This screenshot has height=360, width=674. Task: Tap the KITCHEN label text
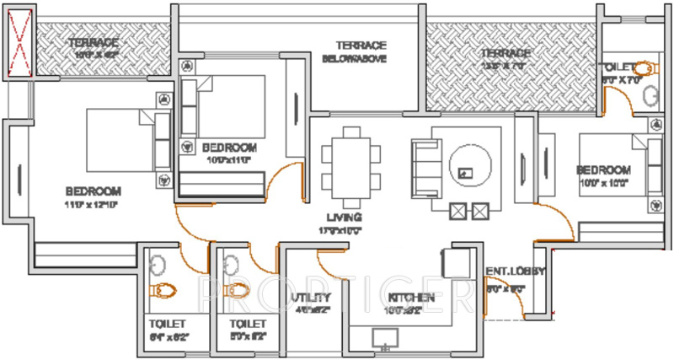[x=411, y=298]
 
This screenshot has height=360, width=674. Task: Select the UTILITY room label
[x=311, y=298]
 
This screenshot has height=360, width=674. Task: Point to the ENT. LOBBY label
[x=515, y=271]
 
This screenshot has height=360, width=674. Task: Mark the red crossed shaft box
[x=18, y=44]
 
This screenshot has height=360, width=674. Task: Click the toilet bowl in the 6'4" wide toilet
[x=163, y=291]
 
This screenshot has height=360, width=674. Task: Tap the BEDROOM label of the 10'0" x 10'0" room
[x=603, y=169]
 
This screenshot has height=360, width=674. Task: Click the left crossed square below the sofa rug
[x=458, y=211]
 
